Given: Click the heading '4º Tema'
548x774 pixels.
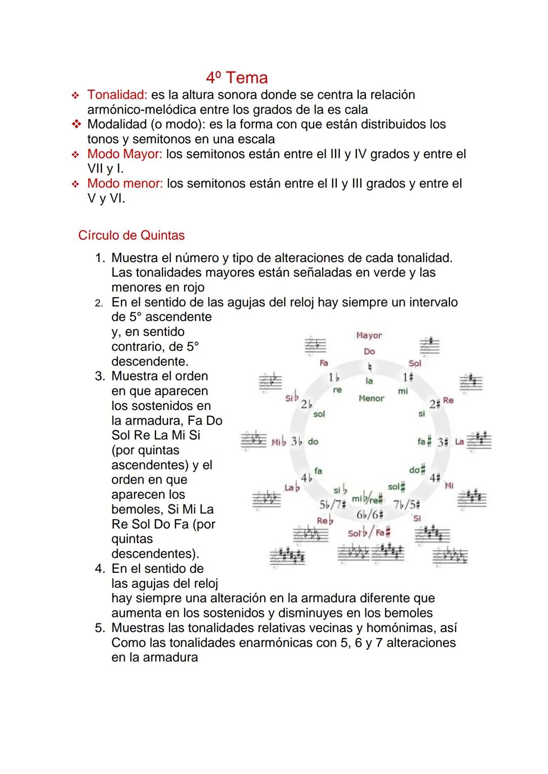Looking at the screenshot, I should [237, 78].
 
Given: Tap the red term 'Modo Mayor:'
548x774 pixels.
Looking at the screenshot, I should [124, 154].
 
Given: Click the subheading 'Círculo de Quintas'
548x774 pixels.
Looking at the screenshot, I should [131, 236].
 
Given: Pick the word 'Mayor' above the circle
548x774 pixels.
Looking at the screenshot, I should [369, 336].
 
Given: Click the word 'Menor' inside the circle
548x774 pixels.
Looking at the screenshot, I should [371, 398].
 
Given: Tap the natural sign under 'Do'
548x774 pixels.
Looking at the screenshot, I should [369, 366].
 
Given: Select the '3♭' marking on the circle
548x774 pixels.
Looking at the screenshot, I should [296, 441].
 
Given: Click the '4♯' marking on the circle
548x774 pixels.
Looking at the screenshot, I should [435, 478].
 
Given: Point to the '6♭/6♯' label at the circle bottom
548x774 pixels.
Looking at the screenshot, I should [369, 514].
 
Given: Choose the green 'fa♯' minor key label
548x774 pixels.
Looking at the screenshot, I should [424, 441].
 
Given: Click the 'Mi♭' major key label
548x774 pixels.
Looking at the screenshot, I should [279, 442].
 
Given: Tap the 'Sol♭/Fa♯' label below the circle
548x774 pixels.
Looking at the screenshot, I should [369, 533].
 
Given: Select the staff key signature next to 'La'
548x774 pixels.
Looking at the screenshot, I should [479, 440].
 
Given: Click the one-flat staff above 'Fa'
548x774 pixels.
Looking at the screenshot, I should [315, 346].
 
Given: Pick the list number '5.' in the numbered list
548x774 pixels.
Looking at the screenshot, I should [100, 628].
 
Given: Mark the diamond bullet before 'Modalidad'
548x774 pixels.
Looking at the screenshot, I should [76, 124].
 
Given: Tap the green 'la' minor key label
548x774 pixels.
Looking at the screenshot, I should [369, 381].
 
